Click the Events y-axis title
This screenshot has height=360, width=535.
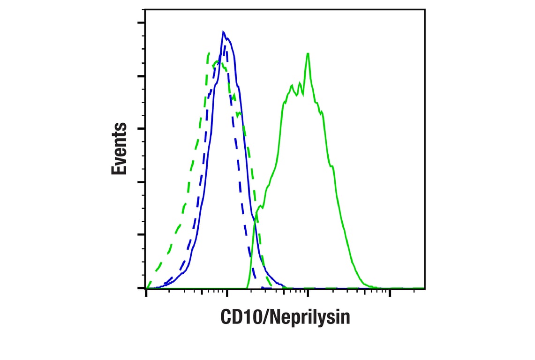tap(119, 149)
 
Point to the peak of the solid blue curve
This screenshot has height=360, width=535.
tap(224, 31)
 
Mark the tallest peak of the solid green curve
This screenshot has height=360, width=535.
tap(308, 53)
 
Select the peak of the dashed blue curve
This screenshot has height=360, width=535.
tap(226, 45)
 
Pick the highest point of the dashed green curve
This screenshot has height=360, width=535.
tap(208, 53)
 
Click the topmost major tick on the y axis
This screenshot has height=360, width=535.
tap(141, 22)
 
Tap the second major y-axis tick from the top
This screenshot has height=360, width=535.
tap(141, 75)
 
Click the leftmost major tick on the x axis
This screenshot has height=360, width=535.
tap(146, 292)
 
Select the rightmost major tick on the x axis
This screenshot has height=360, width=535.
tap(389, 292)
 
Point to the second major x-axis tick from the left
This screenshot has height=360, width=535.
tap(227, 292)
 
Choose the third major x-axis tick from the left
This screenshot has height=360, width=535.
tap(308, 292)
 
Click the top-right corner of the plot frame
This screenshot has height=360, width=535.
tap(425, 9)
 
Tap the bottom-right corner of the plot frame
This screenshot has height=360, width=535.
tap(425, 288)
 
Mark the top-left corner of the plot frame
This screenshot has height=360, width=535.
tap(145, 9)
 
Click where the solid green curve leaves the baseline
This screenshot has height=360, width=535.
tap(246, 287)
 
